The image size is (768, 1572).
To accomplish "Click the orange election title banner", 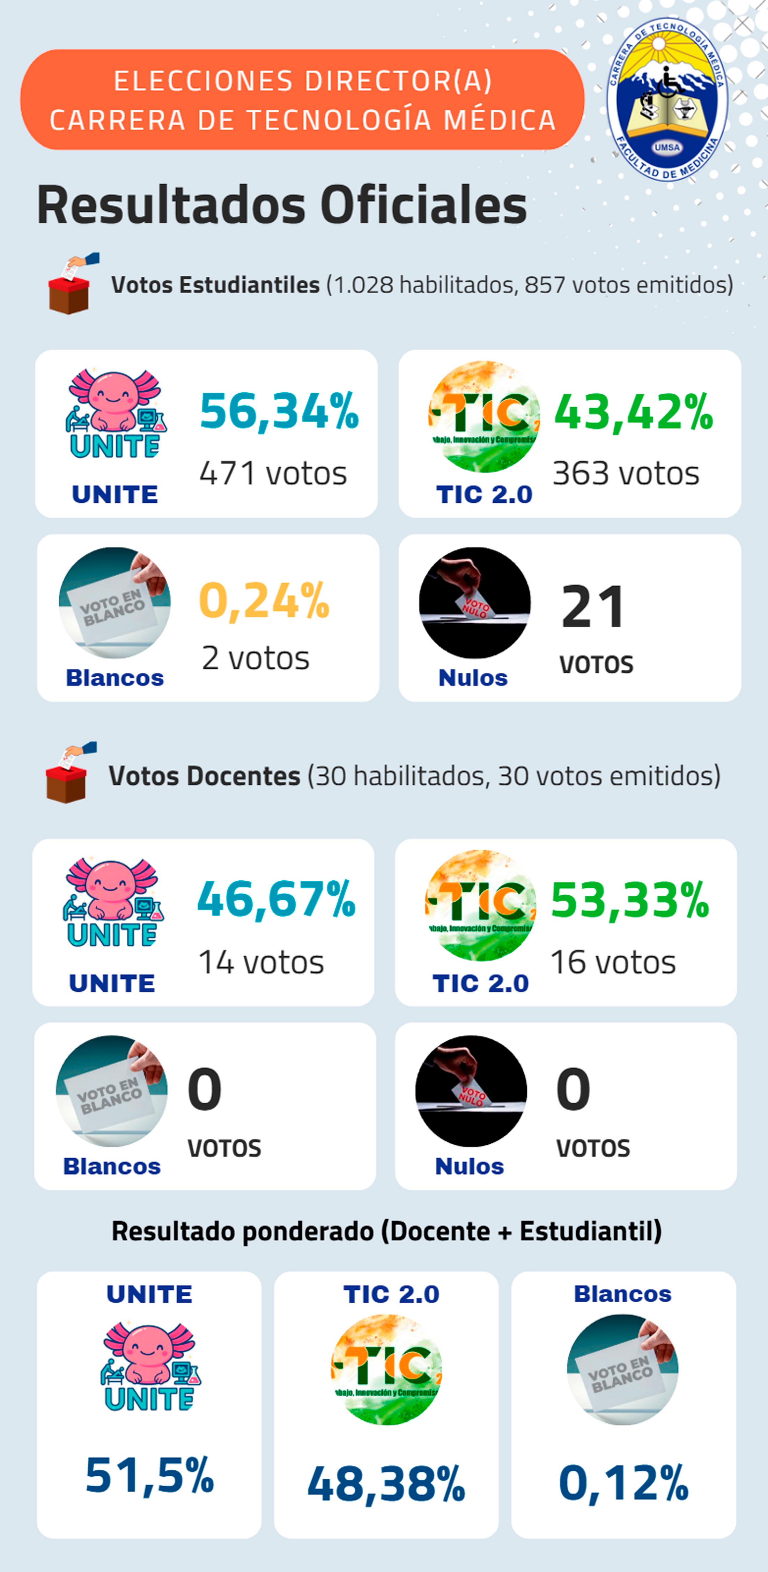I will point(302,100).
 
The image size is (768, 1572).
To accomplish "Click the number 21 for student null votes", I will point(593,607).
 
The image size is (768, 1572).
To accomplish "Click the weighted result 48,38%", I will point(386,1484).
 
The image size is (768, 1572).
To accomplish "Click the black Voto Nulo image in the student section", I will point(474,603).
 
